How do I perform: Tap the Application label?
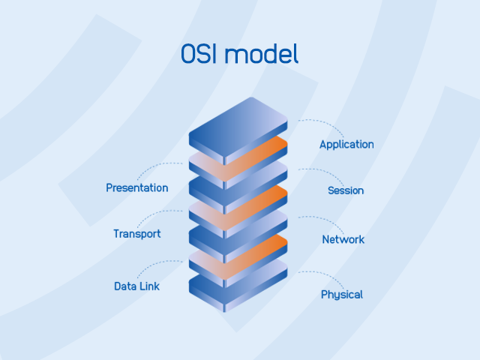tap(346, 145)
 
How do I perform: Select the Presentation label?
tap(137, 187)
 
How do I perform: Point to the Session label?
tap(346, 190)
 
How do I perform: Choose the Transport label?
tap(137, 234)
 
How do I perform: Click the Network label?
tap(343, 240)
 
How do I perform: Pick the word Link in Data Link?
tap(148, 286)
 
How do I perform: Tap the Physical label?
tap(342, 295)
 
